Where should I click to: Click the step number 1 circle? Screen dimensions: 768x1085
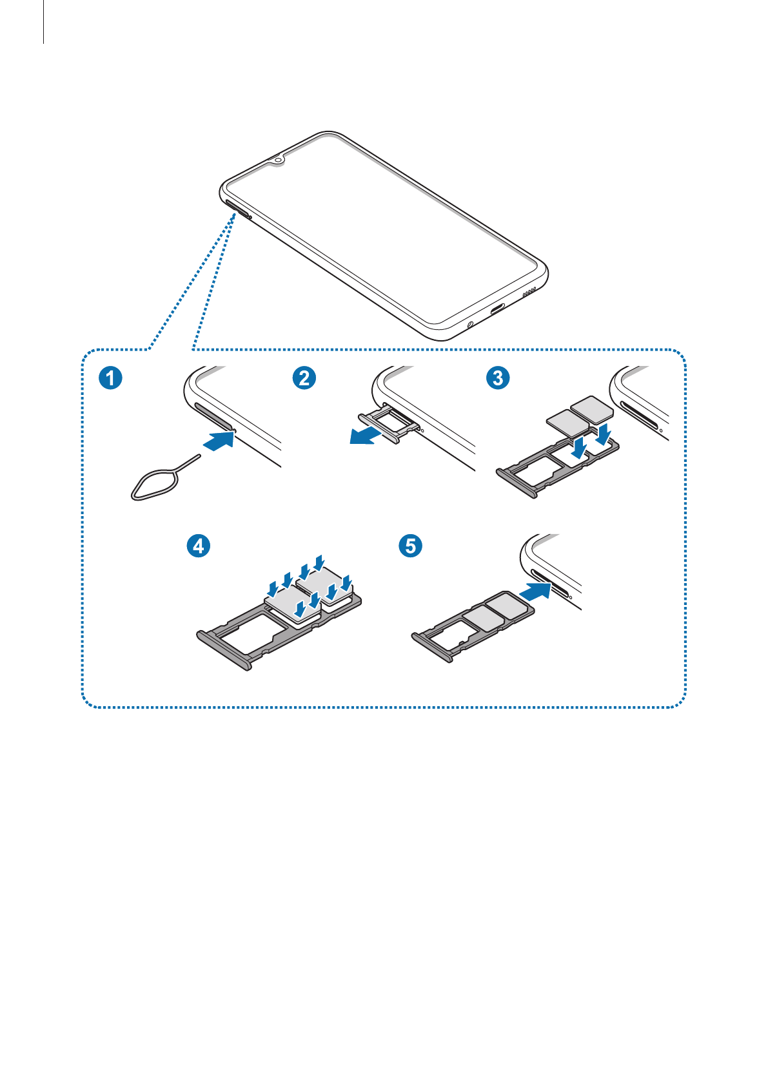point(110,378)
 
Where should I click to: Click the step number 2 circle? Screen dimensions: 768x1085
point(304,378)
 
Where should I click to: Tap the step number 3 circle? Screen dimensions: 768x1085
point(498,378)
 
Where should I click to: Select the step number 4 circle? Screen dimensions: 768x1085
point(199,546)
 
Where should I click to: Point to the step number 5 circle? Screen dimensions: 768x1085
point(410,546)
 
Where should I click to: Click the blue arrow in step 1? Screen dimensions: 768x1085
point(219,441)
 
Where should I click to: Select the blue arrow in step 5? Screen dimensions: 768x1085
point(536,590)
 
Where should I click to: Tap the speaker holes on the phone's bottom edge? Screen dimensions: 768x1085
point(529,292)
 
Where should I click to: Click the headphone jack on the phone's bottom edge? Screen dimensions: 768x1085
point(469,323)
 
